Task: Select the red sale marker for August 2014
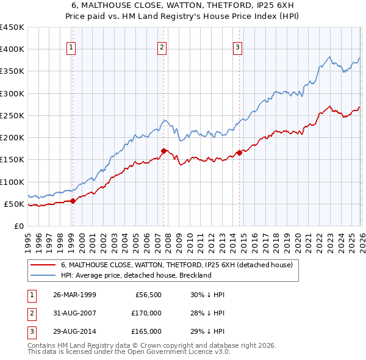[x=239, y=153]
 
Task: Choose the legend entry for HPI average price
[x=135, y=275]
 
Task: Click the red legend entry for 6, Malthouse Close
[x=177, y=265]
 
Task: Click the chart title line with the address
[x=183, y=5]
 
